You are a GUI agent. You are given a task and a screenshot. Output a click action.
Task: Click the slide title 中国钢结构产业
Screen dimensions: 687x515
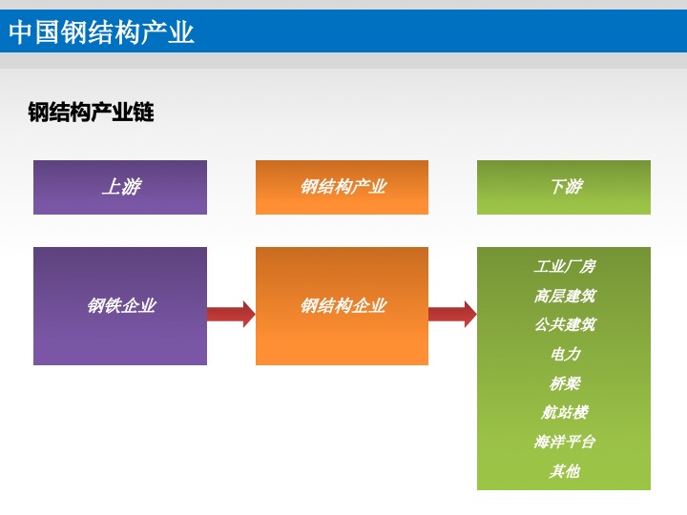point(101,32)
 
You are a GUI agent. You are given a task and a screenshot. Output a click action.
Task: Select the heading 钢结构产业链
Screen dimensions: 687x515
point(91,113)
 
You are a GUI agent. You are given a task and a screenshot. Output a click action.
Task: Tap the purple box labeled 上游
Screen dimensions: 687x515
point(120,187)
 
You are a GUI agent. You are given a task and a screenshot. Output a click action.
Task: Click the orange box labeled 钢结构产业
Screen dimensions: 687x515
point(342,187)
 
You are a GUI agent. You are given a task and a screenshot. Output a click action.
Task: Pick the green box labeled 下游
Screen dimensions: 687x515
point(564,187)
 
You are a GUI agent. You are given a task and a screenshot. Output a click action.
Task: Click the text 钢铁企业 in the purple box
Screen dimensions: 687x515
point(121,305)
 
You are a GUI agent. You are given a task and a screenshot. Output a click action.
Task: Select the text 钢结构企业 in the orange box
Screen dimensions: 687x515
point(343,305)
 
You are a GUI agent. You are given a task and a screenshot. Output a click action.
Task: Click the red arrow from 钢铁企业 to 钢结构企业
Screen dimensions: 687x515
point(231,314)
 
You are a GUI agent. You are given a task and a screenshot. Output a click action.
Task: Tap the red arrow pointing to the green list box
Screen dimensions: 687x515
point(452,314)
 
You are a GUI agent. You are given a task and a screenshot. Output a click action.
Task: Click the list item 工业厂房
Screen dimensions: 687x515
point(564,266)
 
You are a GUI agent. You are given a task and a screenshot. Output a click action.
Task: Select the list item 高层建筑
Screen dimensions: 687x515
point(564,296)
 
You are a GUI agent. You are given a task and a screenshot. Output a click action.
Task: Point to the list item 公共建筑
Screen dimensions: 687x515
point(564,324)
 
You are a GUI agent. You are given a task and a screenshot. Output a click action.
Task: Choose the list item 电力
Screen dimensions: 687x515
point(565,354)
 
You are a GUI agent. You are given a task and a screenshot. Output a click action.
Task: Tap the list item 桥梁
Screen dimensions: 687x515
point(565,383)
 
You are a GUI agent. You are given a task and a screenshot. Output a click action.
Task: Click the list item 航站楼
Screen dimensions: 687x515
point(564,412)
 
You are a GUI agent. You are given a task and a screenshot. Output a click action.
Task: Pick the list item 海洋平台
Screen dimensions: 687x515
point(564,442)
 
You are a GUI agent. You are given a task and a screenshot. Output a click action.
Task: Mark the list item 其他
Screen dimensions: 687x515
point(564,471)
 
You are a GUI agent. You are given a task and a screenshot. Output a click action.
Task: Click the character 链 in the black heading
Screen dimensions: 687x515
point(144,113)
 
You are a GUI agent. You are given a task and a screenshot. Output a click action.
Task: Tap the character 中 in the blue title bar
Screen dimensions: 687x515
point(21,32)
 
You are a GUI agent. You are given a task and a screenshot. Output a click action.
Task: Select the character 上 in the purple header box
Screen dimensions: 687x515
point(112,187)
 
